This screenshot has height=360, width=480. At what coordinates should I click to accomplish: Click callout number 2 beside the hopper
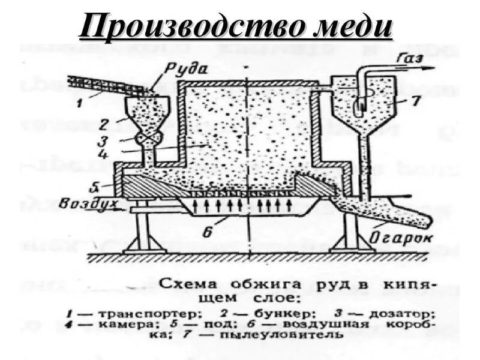click(x=104, y=124)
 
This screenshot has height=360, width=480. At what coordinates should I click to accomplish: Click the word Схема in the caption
click(x=185, y=282)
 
